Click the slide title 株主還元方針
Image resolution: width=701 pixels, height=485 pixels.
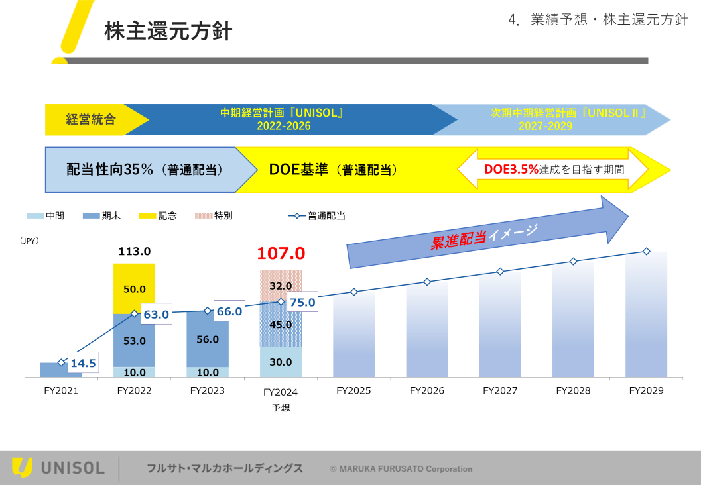click(x=168, y=31)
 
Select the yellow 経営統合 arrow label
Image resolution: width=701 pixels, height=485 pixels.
click(x=91, y=120)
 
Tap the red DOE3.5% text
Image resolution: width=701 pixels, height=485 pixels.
click(x=511, y=169)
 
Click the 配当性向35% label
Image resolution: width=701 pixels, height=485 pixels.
click(x=110, y=170)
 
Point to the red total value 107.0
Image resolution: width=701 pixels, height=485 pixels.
click(x=281, y=253)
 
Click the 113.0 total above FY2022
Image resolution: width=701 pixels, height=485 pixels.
click(x=135, y=252)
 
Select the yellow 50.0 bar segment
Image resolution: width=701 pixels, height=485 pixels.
click(x=135, y=289)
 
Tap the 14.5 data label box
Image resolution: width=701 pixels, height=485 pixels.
click(x=83, y=363)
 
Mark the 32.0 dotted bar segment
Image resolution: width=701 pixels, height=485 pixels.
click(x=281, y=286)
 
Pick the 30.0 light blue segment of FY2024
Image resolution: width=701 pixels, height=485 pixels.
click(x=281, y=362)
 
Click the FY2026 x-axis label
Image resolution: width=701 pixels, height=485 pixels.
click(x=427, y=391)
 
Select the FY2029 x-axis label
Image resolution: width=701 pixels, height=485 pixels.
click(x=646, y=391)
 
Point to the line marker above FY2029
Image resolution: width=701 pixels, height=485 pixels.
click(x=646, y=251)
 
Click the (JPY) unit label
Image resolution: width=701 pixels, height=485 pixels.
click(x=29, y=241)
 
